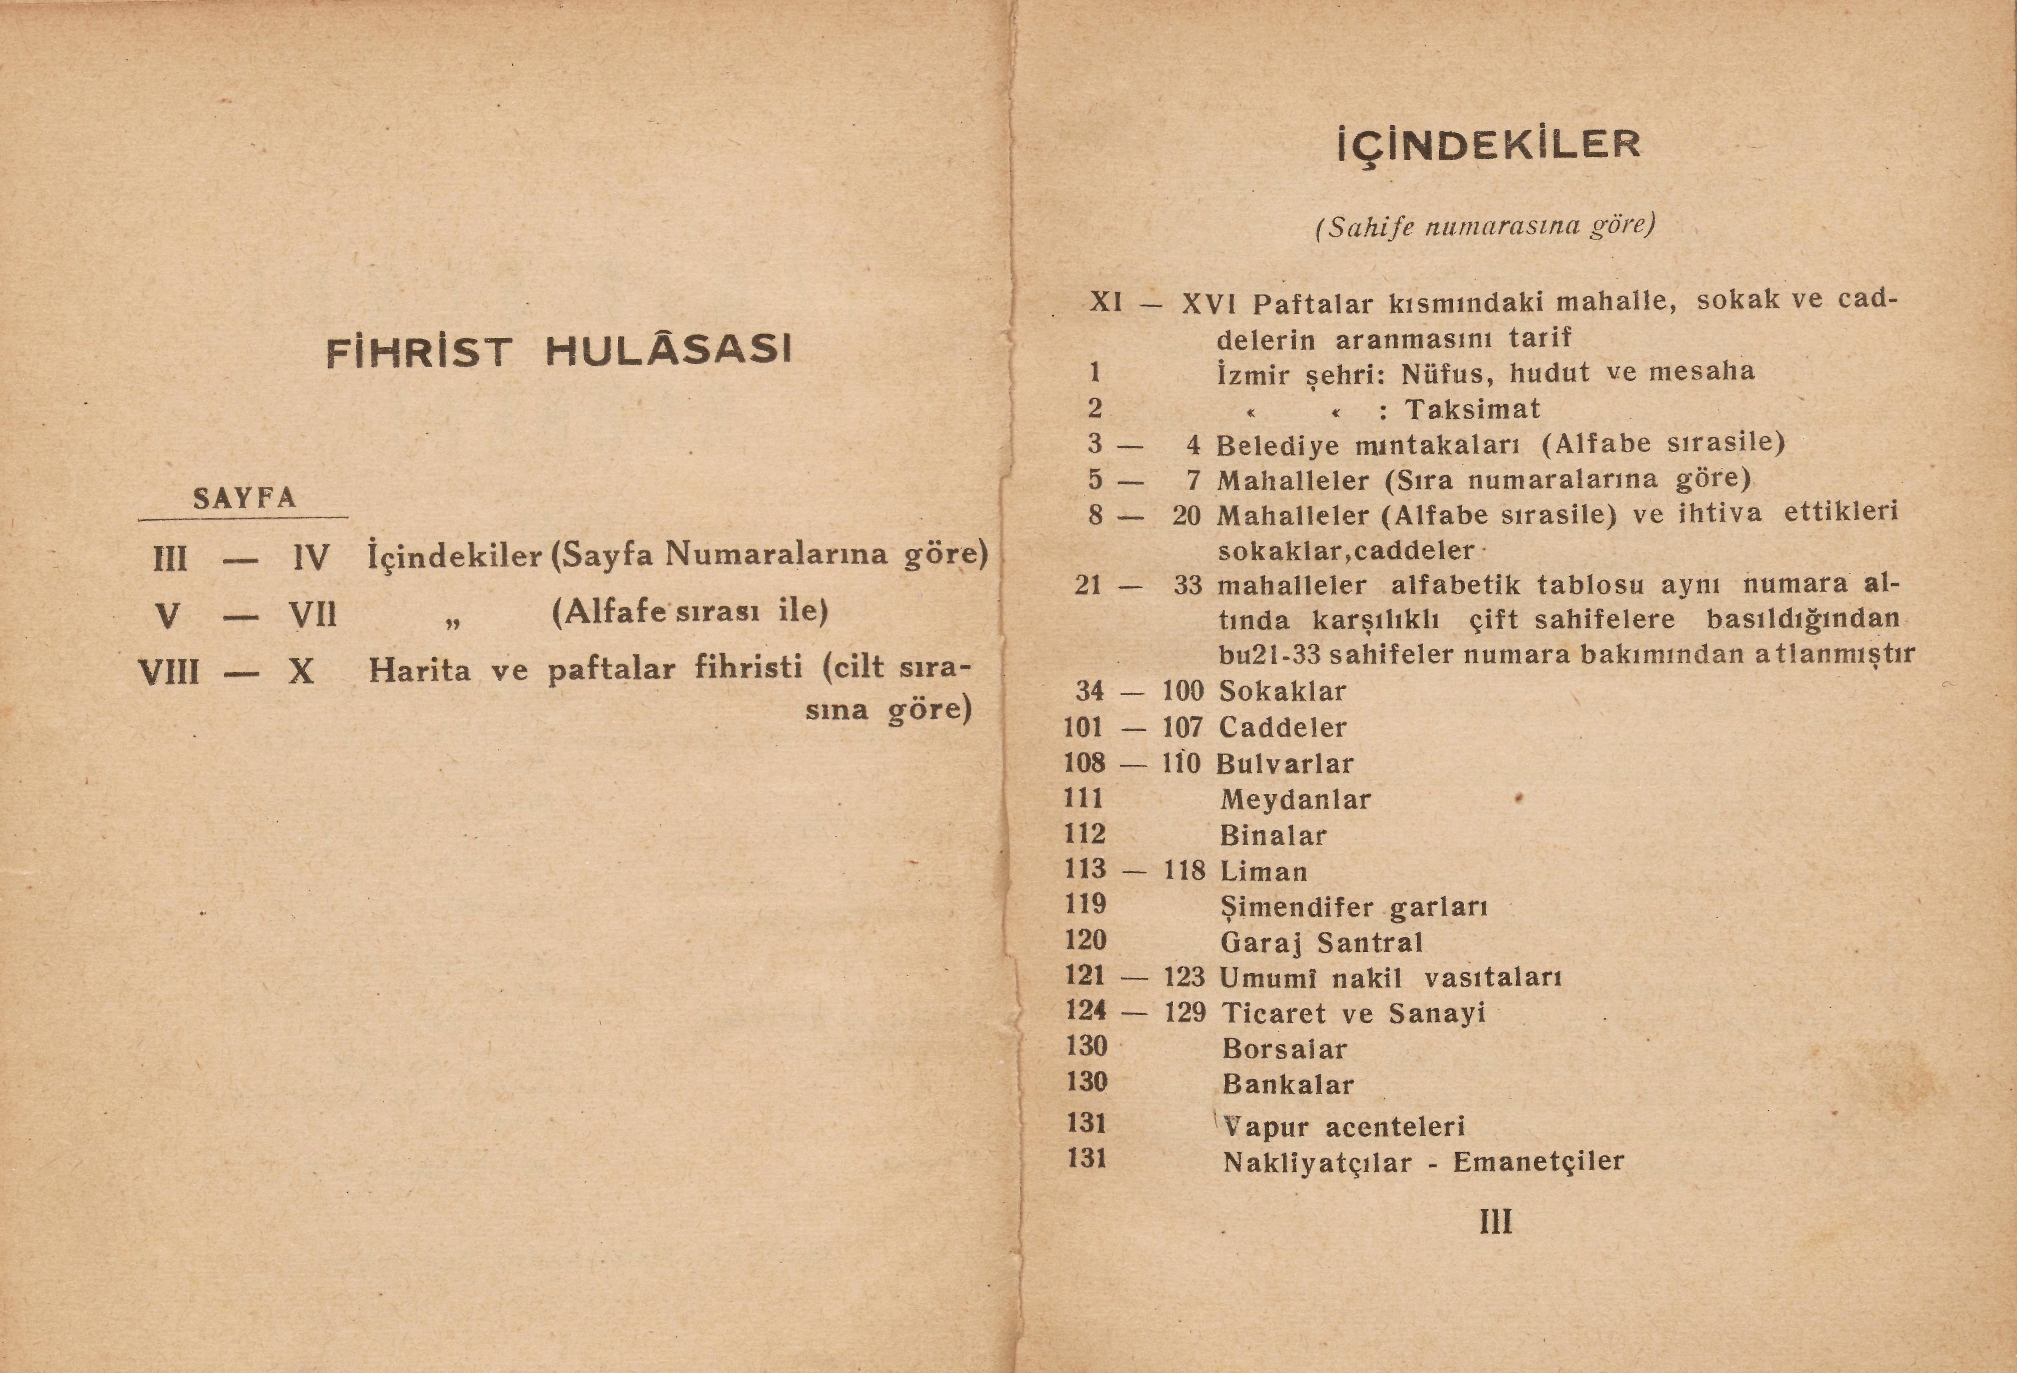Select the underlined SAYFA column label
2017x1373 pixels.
click(244, 498)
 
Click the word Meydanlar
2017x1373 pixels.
click(1295, 799)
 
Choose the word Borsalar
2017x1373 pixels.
click(1285, 1049)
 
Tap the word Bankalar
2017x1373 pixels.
click(1288, 1085)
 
